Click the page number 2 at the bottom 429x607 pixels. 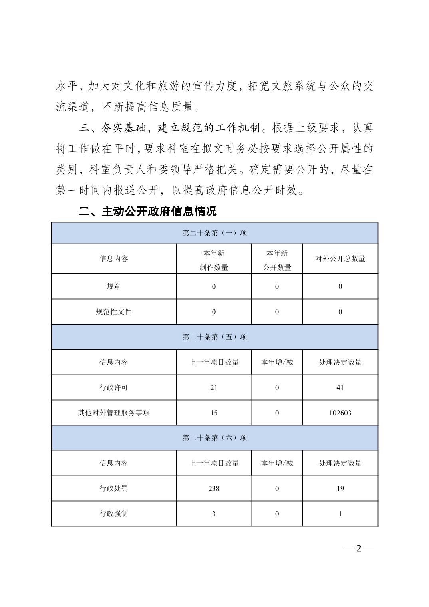tap(358, 548)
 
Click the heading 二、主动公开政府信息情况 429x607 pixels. tap(147, 211)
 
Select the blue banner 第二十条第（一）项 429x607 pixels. tap(214, 233)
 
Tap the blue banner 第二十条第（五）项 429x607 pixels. tap(214, 337)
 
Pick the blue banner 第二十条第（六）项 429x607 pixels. tap(214, 438)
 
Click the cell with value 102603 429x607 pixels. tap(340, 413)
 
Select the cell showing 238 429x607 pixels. tap(214, 488)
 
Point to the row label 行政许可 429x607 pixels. tap(114, 387)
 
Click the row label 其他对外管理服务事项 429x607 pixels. tap(114, 413)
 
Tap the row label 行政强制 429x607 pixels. tap(114, 514)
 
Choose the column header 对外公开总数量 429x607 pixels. tap(340, 259)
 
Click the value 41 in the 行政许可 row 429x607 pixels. tap(340, 387)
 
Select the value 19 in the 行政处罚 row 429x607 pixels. tap(340, 488)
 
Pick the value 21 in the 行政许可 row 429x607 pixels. tap(214, 387)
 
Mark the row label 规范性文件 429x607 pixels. tap(114, 312)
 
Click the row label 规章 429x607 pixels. tap(114, 286)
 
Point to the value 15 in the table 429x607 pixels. tap(214, 413)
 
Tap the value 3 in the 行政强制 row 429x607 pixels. tap(214, 514)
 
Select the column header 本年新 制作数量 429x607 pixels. tap(214, 260)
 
